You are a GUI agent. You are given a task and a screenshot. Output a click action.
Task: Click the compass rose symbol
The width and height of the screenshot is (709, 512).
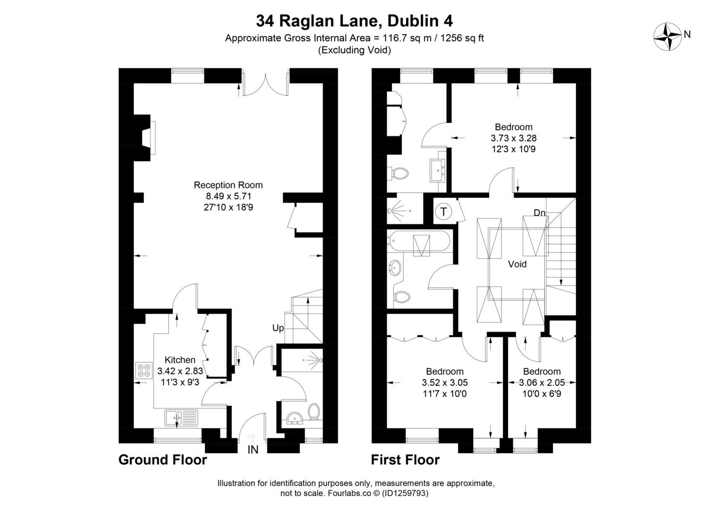point(667,36)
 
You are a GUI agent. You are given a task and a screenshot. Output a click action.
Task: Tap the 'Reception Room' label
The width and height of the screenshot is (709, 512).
point(228,185)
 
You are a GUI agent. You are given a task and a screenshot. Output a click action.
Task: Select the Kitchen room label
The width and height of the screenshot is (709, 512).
point(180,360)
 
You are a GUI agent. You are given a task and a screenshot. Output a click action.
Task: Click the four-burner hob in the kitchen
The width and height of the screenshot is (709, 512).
point(144,370)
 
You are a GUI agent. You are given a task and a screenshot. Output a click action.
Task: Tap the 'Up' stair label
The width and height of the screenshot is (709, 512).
point(278,328)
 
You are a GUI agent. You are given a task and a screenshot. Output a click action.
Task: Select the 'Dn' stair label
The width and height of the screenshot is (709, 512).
point(539,213)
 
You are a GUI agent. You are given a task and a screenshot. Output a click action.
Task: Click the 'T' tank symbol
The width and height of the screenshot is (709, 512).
point(443,212)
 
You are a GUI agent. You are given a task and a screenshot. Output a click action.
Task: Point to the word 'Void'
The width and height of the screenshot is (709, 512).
point(517,264)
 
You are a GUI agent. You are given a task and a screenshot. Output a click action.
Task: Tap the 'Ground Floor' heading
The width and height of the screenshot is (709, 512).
point(162,460)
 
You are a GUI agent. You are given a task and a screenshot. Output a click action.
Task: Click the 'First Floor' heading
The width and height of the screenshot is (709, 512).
point(405,460)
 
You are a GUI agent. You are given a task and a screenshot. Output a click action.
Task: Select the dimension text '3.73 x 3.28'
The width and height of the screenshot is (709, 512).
point(513,138)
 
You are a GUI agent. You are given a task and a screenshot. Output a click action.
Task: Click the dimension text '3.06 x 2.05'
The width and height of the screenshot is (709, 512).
point(542,383)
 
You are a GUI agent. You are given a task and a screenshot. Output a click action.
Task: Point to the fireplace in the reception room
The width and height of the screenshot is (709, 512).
point(148,138)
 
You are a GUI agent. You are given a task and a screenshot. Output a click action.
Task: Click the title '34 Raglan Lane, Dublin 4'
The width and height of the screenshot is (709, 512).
point(354,21)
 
